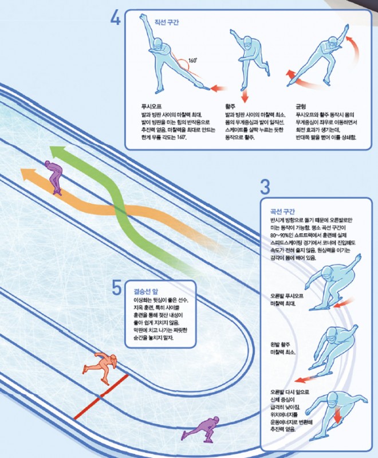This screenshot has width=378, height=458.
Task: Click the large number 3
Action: click(x=265, y=186)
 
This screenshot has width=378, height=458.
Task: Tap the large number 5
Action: click(x=116, y=286)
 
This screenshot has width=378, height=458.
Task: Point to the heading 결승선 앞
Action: click(x=140, y=291)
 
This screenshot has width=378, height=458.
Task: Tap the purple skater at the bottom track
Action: click(x=207, y=427)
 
